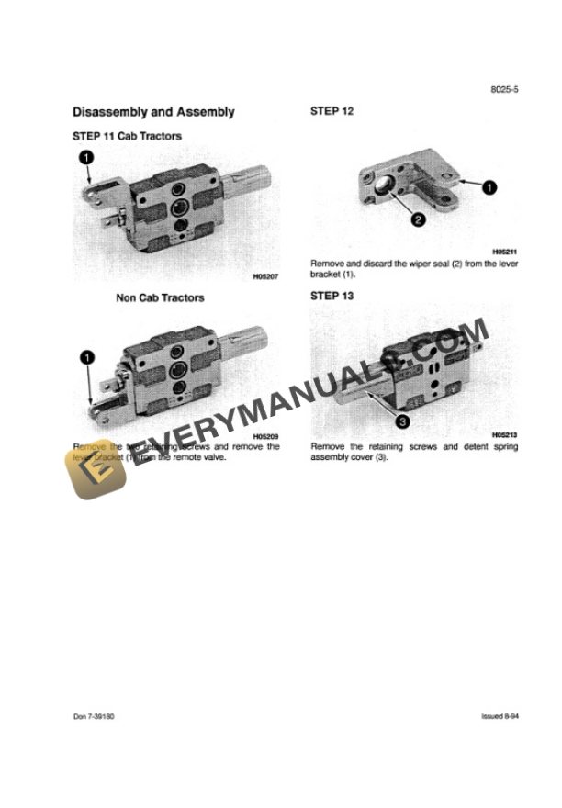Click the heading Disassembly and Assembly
pos(153,112)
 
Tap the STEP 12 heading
pos(332,111)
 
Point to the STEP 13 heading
pos(332,296)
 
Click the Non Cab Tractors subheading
pos(160,297)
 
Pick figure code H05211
pos(505,251)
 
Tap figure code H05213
pos(505,434)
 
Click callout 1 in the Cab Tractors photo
pos(85,159)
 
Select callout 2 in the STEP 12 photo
pos(416,219)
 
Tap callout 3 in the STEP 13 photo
pos(401,421)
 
